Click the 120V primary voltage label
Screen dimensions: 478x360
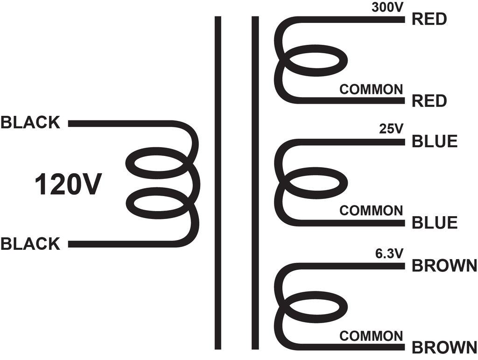[68, 184]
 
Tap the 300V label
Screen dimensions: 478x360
[387, 7]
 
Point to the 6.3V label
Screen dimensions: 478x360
[389, 254]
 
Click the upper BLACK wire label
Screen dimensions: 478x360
[30, 122]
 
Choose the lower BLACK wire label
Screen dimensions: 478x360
[30, 244]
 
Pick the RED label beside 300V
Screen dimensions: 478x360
[429, 19]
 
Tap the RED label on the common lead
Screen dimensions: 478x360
[429, 100]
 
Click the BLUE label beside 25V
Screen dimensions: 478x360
[435, 141]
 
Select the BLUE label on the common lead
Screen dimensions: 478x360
[435, 223]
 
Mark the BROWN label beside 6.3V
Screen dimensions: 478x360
[444, 266]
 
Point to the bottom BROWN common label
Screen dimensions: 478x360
[444, 347]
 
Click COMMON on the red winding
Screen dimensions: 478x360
[371, 90]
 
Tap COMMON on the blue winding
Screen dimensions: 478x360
[371, 211]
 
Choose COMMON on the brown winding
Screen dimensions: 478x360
[371, 336]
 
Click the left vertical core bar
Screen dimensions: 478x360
[218, 183]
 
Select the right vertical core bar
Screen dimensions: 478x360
[255, 183]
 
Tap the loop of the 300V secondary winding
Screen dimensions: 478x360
[344, 61]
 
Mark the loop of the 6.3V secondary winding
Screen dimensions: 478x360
[344, 306]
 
